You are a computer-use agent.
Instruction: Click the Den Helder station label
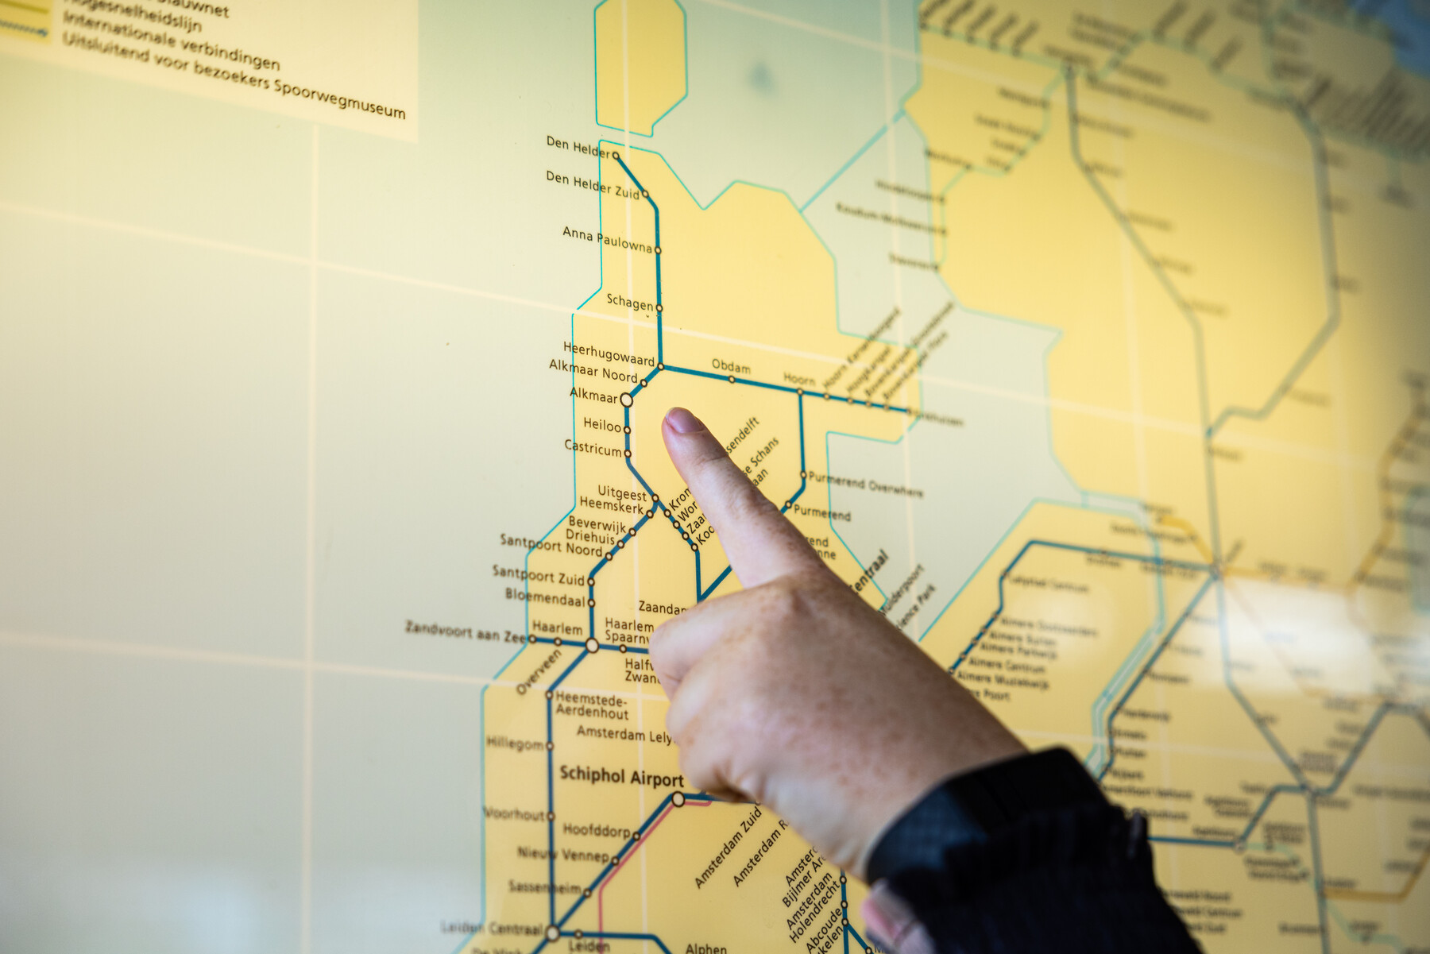[x=578, y=147]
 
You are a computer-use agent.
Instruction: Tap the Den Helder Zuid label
[x=592, y=184]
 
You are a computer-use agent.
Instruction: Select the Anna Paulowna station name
[x=607, y=239]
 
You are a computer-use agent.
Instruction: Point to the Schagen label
[x=630, y=302]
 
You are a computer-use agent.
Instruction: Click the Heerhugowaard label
[x=609, y=353]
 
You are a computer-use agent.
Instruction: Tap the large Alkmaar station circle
[x=626, y=400]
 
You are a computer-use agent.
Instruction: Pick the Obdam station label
[x=730, y=366]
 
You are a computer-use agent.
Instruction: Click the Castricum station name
[x=593, y=448]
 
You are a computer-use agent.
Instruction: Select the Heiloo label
[x=602, y=425]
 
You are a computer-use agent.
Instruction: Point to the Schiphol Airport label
[x=621, y=776]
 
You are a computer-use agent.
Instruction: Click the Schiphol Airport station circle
[x=678, y=799]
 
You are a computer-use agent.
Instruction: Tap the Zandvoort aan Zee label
[x=466, y=632]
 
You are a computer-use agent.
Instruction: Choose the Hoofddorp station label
[x=596, y=830]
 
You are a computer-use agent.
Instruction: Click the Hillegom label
[x=515, y=744]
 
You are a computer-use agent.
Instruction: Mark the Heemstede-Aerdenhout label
[x=591, y=705]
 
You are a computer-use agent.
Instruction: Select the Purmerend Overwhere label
[x=865, y=484]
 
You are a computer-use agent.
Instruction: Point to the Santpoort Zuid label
[x=538, y=574]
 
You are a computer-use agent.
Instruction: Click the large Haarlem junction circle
[x=592, y=646]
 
